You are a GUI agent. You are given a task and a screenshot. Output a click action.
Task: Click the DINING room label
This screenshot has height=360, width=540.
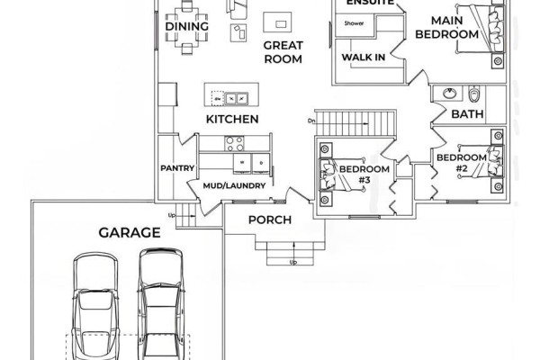pos(186,26)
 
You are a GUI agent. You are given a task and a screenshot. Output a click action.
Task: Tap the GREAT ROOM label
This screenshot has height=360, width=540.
pos(283,52)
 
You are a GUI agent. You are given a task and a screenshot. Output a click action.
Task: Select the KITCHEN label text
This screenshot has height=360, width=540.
pos(232,119)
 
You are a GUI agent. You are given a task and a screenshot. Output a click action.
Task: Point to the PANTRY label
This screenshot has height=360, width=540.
pos(177,168)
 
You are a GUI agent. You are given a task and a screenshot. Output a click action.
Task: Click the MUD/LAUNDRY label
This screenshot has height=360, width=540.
pos(234,185)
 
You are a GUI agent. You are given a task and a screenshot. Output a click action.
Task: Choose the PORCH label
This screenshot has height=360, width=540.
pos(270,220)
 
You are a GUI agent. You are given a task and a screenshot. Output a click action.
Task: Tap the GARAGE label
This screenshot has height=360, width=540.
pos(130,232)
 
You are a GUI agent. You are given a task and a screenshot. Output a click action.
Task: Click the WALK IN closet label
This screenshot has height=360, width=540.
pos(364,58)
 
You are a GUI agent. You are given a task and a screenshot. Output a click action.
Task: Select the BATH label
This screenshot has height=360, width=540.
pos(467,114)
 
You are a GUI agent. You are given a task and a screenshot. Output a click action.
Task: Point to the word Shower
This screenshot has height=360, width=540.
pos(354,23)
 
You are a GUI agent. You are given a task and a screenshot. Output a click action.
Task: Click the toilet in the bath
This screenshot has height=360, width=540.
pos(474,94)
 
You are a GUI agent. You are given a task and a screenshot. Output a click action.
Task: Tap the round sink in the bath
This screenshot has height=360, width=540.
pos(449,94)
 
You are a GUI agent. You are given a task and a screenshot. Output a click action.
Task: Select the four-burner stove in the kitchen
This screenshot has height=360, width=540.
pos(235,144)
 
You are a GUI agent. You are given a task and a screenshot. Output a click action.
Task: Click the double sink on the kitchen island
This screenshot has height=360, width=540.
pos(237,99)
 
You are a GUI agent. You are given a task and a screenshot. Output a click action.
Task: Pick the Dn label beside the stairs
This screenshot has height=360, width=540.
pos(311,121)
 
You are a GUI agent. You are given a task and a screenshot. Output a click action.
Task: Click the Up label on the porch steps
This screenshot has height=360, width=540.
pos(293,263)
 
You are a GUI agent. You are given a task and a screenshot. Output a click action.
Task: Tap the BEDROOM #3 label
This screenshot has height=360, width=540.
pos(364,174)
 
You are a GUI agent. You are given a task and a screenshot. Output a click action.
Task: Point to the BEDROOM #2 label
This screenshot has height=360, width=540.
pos(462,163)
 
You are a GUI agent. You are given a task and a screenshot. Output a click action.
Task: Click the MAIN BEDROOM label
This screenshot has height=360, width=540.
pos(446,28)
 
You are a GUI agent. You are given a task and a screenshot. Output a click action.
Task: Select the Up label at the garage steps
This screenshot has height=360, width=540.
pos(172,216)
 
